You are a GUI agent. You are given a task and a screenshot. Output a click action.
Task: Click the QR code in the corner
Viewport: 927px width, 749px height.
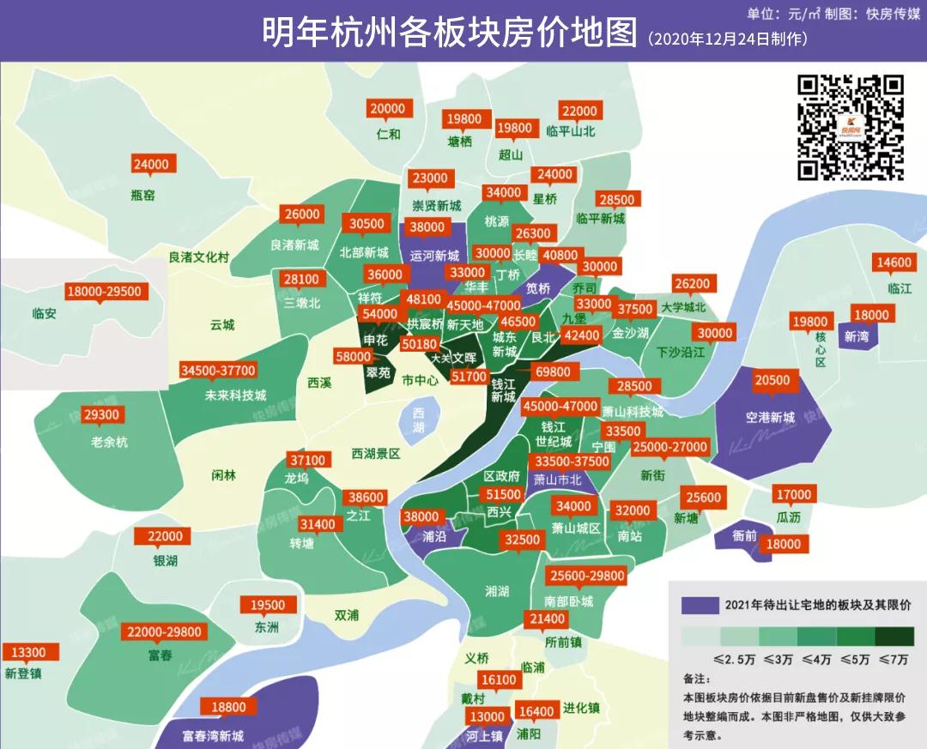[x=851, y=128]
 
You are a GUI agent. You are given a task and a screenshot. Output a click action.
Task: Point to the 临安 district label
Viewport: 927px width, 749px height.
[x=43, y=314]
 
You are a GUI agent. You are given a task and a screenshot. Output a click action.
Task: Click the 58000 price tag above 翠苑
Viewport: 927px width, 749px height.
[x=354, y=356]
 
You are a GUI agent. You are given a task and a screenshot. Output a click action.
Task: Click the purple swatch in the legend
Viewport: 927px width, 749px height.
[x=700, y=605]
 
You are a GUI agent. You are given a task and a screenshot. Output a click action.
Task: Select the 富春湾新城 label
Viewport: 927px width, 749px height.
[x=214, y=736]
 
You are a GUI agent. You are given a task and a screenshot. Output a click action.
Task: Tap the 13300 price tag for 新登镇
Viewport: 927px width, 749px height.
[x=28, y=652]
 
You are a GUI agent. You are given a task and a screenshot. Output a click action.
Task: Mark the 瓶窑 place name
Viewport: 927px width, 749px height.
[x=143, y=195]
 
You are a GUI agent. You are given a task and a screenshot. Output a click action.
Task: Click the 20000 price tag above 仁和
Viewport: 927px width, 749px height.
[x=388, y=109]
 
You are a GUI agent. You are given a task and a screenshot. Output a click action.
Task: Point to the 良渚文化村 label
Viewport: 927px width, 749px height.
[x=198, y=257]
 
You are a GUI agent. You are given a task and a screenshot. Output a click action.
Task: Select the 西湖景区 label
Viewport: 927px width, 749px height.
[x=376, y=453]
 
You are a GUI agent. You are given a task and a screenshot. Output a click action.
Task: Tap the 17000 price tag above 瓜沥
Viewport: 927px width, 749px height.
[x=793, y=494]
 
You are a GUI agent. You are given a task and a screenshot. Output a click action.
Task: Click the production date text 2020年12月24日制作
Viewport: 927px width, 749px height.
[x=727, y=39]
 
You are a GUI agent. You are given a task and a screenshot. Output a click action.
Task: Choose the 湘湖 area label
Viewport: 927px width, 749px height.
[x=497, y=591]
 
